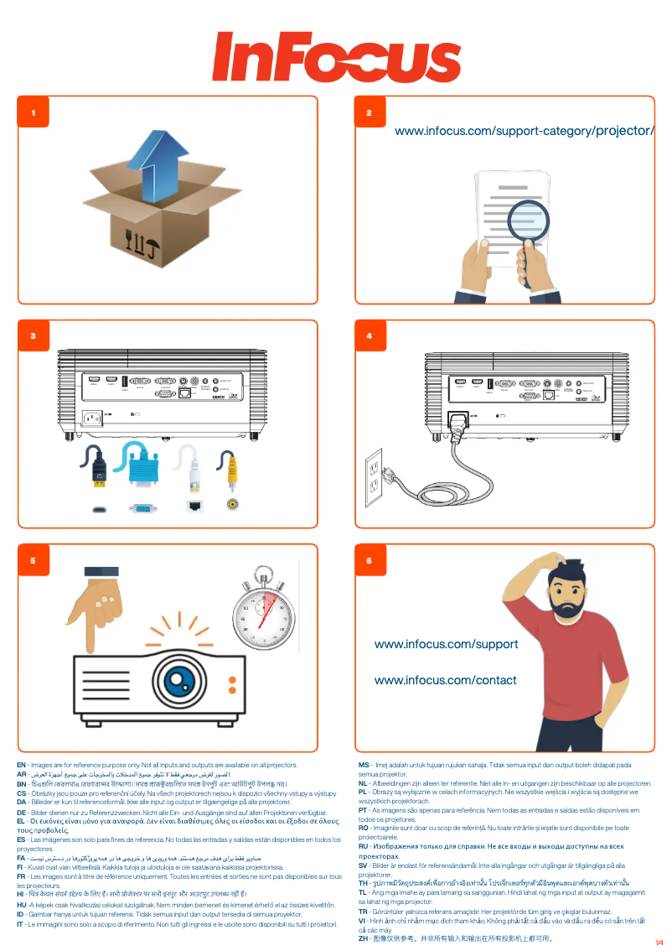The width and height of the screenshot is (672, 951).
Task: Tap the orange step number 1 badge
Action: coord(34,112)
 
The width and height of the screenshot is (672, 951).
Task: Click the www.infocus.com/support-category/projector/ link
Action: coord(524,131)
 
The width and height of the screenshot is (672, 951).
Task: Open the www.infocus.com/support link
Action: coord(446,644)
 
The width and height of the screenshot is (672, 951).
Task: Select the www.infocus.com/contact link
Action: coord(445,680)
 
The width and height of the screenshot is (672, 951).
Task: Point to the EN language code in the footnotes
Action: coord(21,765)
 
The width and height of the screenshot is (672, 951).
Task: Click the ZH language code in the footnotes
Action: coord(363,938)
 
